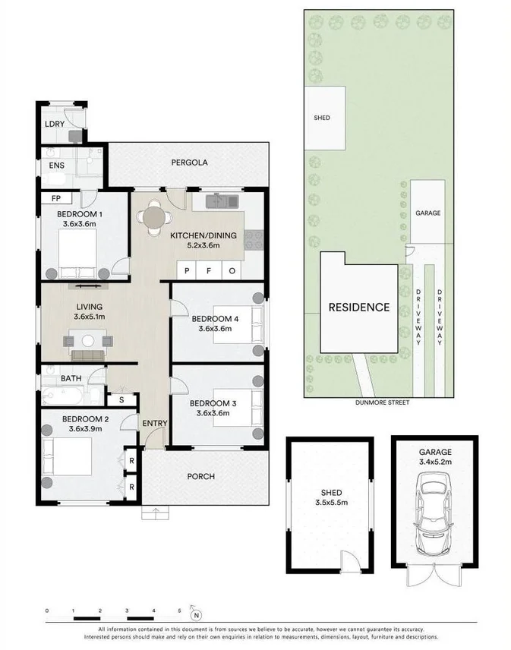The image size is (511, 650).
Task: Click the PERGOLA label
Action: click(x=189, y=162)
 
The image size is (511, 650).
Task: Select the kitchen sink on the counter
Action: click(x=222, y=201)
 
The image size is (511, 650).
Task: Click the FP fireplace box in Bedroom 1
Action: click(x=56, y=199)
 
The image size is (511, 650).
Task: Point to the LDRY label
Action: click(x=54, y=123)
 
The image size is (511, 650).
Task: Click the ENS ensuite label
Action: click(x=56, y=165)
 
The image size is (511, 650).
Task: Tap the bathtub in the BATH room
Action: click(x=64, y=396)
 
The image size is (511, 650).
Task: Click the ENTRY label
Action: click(x=155, y=423)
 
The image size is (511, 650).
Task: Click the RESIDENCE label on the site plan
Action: click(x=358, y=308)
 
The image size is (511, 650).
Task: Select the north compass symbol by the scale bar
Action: click(x=196, y=615)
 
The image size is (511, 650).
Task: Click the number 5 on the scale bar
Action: click(x=179, y=610)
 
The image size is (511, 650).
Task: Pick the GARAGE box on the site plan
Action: click(x=427, y=213)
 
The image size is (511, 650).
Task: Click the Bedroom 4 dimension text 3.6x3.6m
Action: click(x=214, y=329)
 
